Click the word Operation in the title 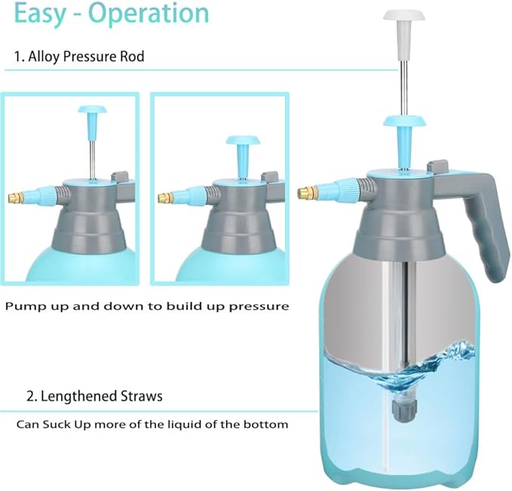(x=152, y=14)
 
